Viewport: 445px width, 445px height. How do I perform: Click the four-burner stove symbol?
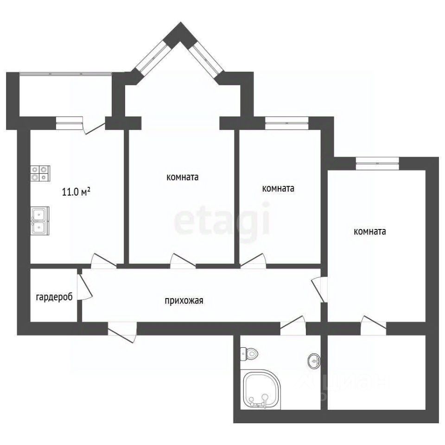tap(40, 173)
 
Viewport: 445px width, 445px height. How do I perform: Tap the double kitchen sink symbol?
tap(40, 221)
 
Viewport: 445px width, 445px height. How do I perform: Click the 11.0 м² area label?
tap(76, 192)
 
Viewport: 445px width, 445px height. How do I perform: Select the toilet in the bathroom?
tap(249, 354)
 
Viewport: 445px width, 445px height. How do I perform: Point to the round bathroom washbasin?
tap(314, 361)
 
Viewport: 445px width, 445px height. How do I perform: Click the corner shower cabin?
tap(261, 389)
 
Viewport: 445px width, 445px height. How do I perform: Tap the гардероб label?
tap(54, 297)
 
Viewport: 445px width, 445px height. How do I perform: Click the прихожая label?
tap(184, 300)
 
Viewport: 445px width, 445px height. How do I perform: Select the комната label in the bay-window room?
tap(183, 177)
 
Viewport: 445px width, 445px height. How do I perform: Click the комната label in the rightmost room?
tap(370, 231)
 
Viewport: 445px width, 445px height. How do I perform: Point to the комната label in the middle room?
tap(278, 189)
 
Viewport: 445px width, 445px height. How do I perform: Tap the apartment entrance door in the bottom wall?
tap(122, 332)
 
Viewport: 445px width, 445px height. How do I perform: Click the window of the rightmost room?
tap(377, 164)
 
